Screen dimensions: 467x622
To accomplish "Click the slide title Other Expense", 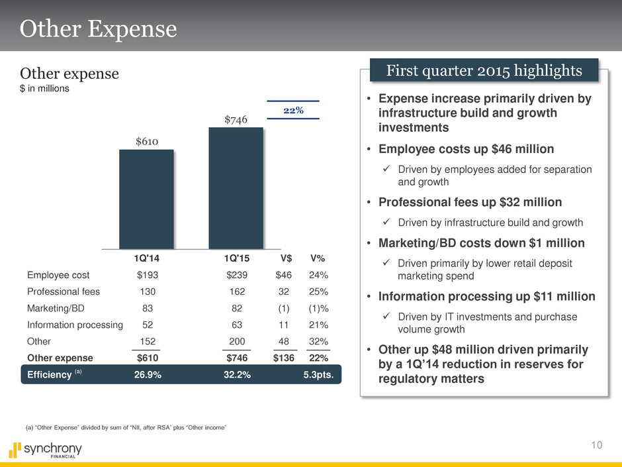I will (x=99, y=29).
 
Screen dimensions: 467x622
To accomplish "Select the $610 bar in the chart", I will (x=146, y=199).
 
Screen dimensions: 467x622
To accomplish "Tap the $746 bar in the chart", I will (x=236, y=188).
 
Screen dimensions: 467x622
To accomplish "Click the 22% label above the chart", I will (x=293, y=110).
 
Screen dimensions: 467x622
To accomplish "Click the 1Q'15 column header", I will (x=236, y=258).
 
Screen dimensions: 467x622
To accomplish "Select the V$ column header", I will (x=287, y=258).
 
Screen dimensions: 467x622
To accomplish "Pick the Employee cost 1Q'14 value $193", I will (x=147, y=274).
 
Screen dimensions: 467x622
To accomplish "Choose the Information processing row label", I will (x=75, y=325).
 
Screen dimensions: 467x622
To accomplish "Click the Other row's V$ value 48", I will (x=287, y=342).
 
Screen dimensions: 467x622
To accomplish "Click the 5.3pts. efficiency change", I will (x=318, y=375).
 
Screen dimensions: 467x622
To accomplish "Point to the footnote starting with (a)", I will (x=126, y=429).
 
